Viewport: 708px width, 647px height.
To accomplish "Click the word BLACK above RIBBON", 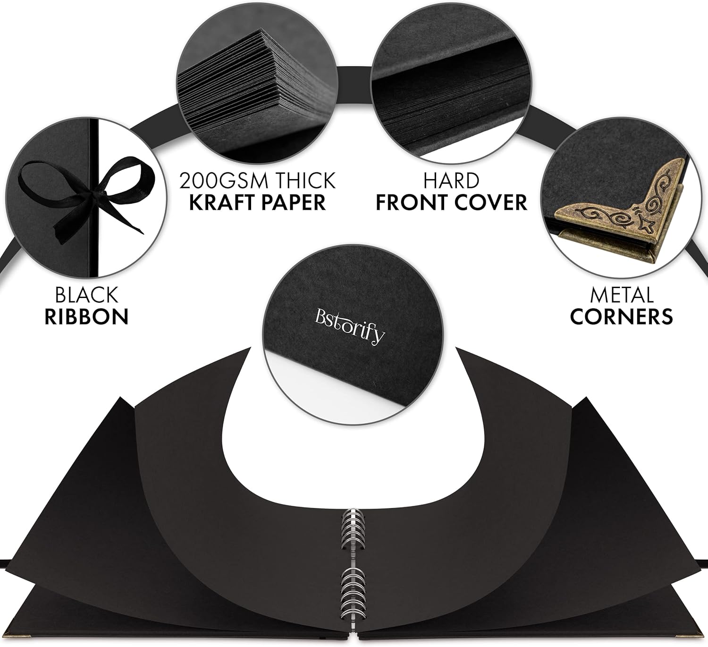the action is coord(86,295).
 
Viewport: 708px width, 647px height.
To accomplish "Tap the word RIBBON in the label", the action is coord(86,317).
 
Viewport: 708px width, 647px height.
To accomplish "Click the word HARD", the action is coord(451,180).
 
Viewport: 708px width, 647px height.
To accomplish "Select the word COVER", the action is coord(491,202).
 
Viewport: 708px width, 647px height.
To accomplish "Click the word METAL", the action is coord(622,295).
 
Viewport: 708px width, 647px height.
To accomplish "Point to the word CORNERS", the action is coord(622,317).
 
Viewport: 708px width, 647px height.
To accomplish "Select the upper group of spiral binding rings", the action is coord(354,528).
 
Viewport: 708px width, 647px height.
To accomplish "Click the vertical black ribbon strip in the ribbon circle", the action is coord(93,198).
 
